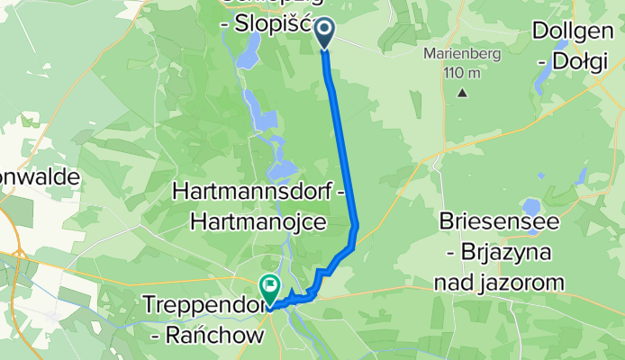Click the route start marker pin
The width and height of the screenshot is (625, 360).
tap(323, 32)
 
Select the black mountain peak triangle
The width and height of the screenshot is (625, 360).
tap(463, 93)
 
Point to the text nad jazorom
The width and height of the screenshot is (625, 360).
tap(503, 283)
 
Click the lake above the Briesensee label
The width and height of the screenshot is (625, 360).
tap(531, 204)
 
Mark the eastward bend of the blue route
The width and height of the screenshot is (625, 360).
tap(357, 225)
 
